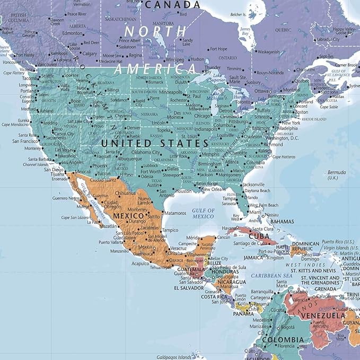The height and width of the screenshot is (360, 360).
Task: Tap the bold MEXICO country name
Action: tap(128, 216)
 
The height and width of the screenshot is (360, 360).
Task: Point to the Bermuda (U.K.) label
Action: tap(336, 175)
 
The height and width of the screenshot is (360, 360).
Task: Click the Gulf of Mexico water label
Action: tap(203, 213)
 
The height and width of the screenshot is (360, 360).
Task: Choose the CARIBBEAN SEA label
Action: tap(272, 276)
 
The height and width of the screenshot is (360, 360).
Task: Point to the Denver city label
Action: tap(133, 128)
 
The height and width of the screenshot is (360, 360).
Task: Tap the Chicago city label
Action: tap(202, 116)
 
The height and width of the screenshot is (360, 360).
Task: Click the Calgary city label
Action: tap(89, 53)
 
